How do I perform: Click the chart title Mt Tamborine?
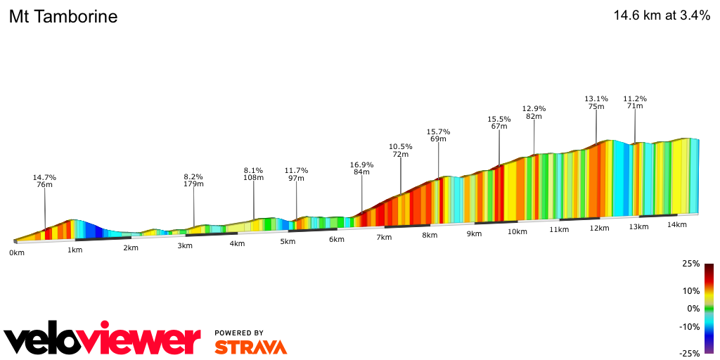tap(63, 17)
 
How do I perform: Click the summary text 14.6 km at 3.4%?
tap(662, 16)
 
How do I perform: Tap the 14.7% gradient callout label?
tap(44, 177)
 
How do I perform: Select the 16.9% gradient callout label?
tap(361, 165)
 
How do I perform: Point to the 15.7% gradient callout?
tap(438, 131)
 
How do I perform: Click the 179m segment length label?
tap(193, 184)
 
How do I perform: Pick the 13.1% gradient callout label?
tap(596, 98)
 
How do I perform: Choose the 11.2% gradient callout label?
tap(635, 98)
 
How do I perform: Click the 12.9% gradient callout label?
tap(534, 108)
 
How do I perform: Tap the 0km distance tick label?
tap(17, 252)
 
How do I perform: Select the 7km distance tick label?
tap(383, 238)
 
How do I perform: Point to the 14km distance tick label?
tap(676, 224)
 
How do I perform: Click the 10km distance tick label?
tap(517, 231)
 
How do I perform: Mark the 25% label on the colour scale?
tap(690, 264)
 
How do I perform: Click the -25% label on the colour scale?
tap(689, 354)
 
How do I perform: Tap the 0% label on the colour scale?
tap(693, 309)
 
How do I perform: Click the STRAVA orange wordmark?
tap(250, 347)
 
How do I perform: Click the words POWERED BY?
tap(239, 333)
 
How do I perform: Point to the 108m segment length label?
tap(253, 178)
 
